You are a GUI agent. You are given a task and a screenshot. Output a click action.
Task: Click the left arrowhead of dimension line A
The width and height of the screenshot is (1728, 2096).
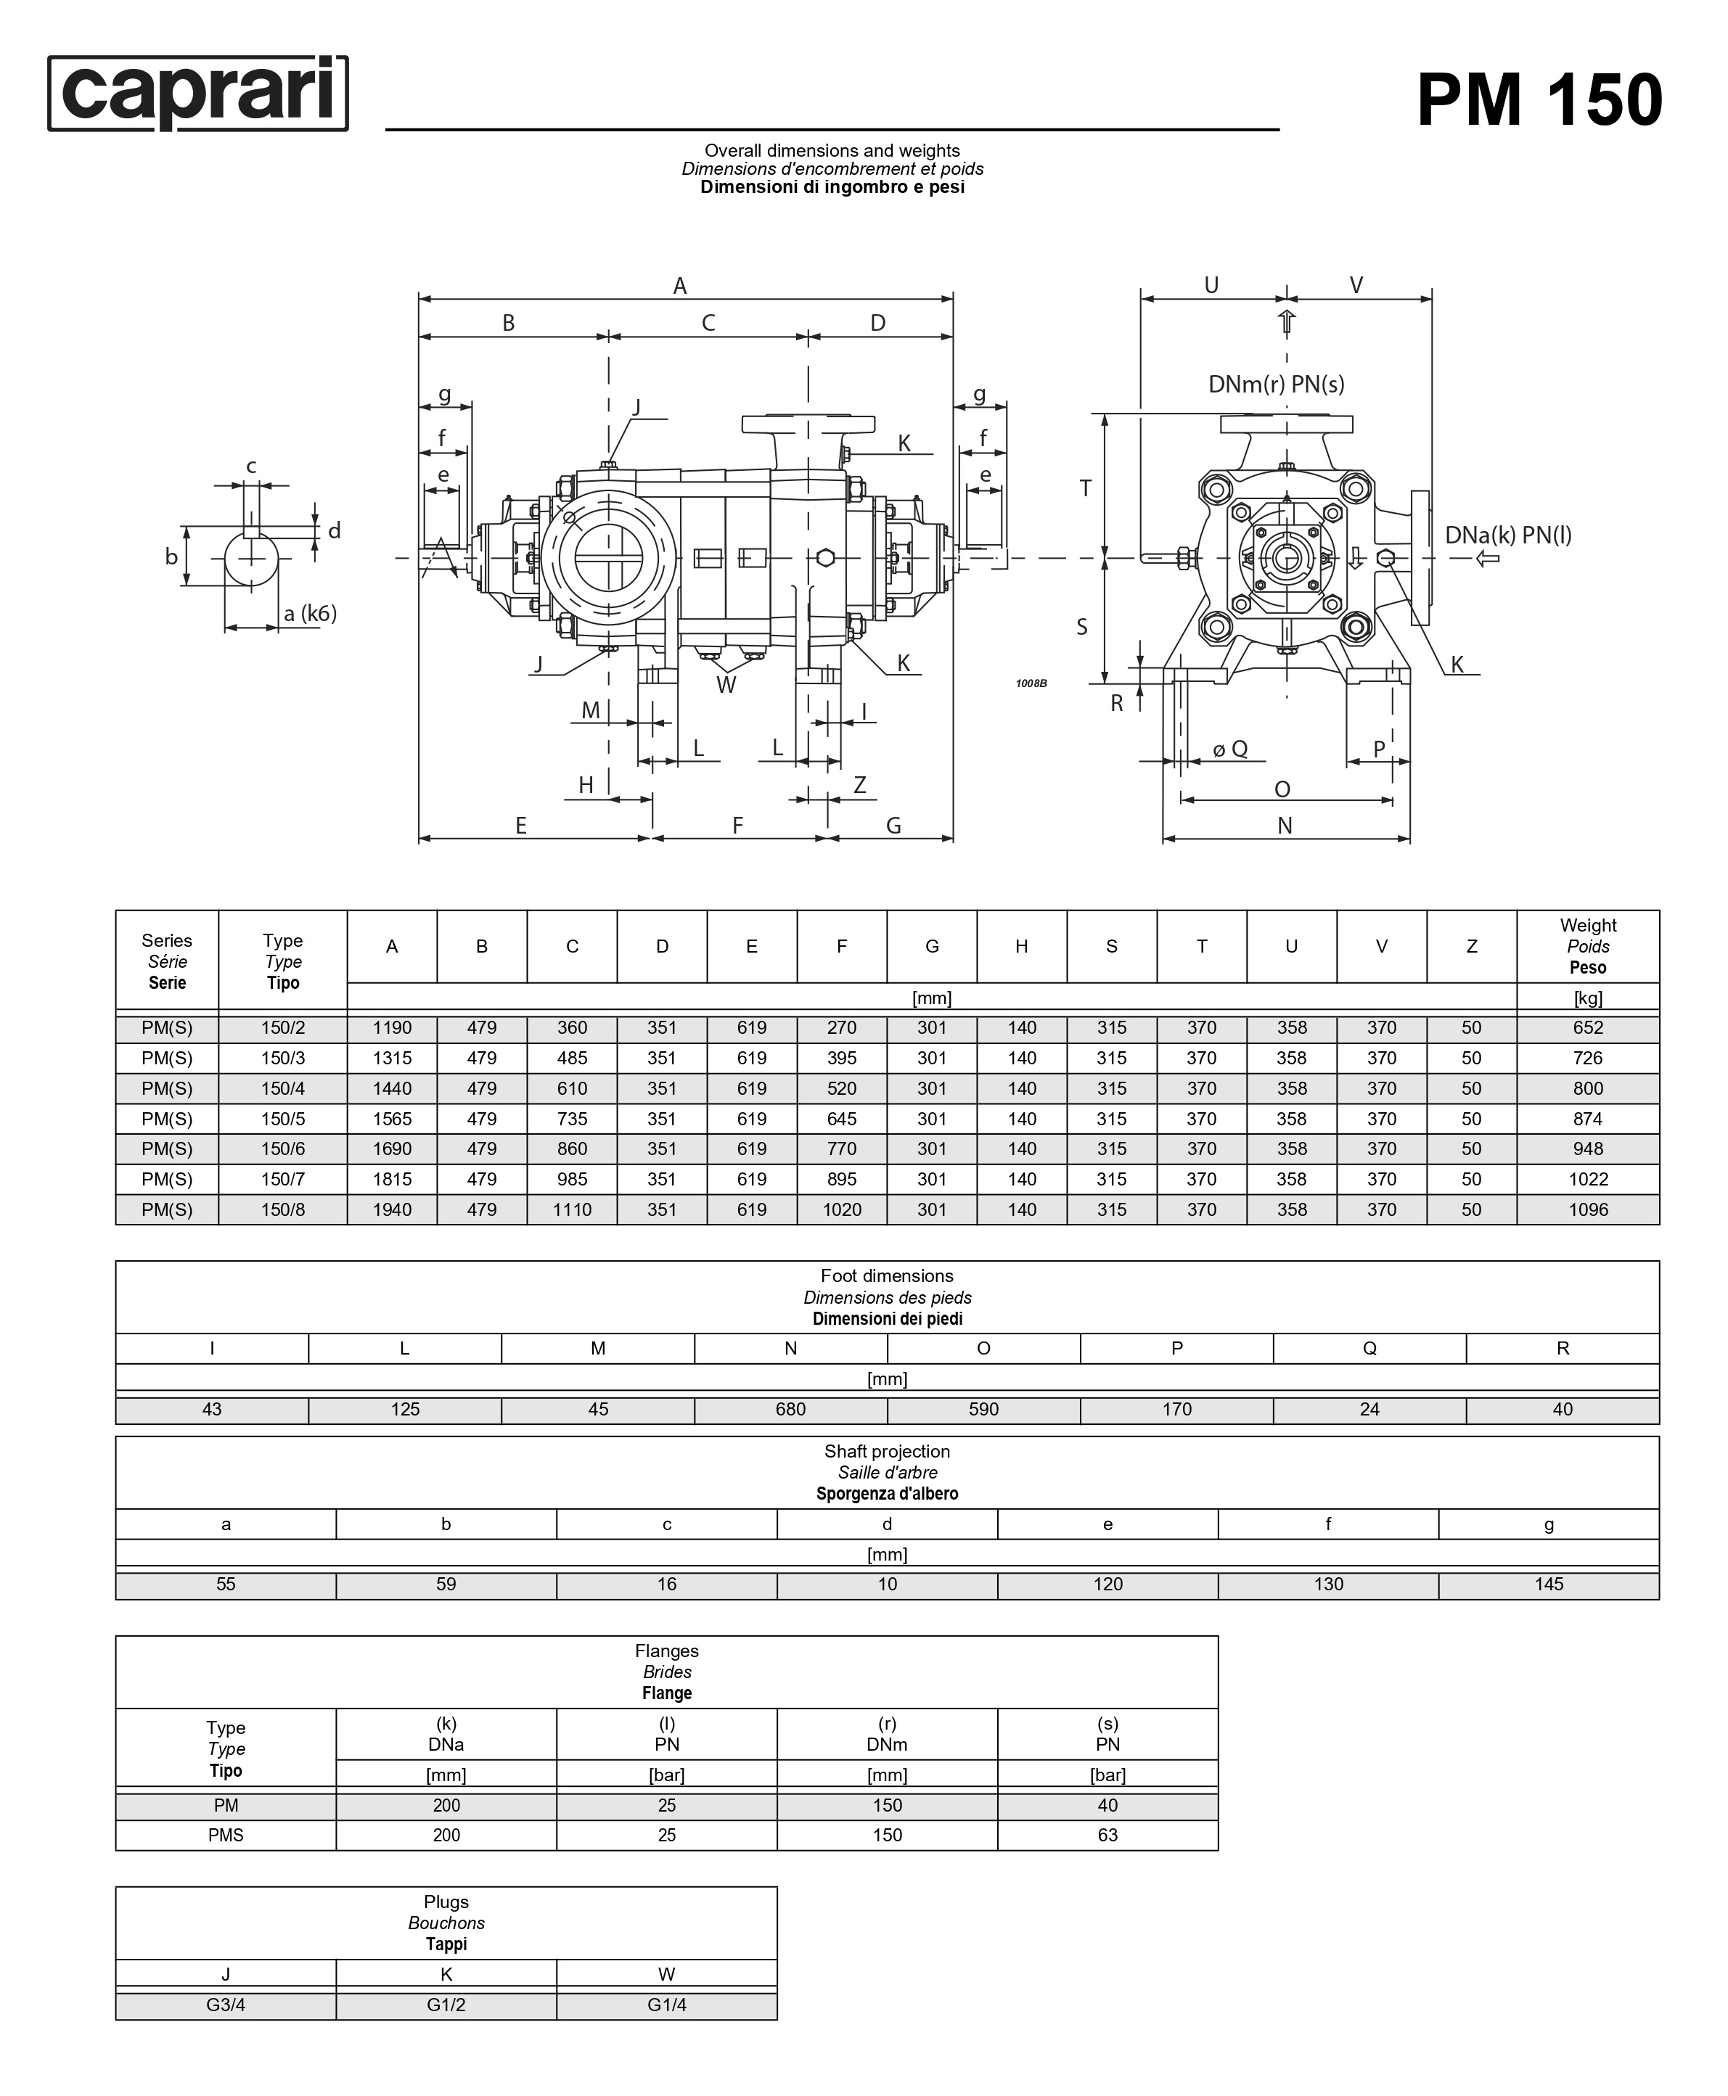click(424, 297)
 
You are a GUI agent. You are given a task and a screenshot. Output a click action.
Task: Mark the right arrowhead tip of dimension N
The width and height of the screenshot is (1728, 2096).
click(1409, 839)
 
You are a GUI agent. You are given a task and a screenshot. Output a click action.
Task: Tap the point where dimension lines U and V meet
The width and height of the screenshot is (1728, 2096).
click(1286, 297)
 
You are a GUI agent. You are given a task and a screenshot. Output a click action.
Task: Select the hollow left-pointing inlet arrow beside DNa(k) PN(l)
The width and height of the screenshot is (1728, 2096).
click(1487, 559)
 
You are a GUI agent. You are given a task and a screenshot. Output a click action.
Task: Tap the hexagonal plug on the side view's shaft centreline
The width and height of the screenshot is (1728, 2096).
click(825, 557)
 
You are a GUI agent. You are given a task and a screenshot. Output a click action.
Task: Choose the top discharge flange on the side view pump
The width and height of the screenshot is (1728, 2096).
click(808, 424)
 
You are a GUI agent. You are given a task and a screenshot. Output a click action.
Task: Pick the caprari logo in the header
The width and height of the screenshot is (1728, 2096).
click(198, 94)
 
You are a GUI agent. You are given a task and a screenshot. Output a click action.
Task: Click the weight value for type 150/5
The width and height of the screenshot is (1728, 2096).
click(1588, 1119)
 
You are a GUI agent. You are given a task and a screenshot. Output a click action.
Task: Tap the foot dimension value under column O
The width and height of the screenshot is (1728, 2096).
click(983, 1409)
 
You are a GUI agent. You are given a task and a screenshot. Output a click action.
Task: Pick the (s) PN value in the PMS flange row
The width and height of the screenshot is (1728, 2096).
click(1108, 1836)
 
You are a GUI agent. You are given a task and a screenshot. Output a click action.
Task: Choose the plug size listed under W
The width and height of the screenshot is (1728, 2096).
click(667, 2005)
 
